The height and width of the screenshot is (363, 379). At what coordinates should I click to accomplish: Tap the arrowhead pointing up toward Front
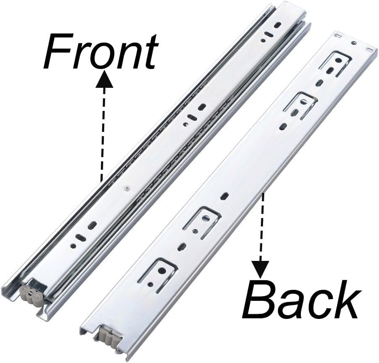104,79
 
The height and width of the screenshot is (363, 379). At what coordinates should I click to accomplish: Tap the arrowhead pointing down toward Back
261,268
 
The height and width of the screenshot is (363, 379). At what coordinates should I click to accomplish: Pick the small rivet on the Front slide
127,189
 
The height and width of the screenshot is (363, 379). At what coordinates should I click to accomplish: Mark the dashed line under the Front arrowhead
103,134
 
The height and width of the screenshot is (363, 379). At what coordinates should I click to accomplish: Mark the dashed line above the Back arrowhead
262,227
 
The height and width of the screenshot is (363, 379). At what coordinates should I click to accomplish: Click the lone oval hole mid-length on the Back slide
226,195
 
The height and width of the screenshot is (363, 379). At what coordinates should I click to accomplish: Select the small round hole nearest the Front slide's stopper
73,246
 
